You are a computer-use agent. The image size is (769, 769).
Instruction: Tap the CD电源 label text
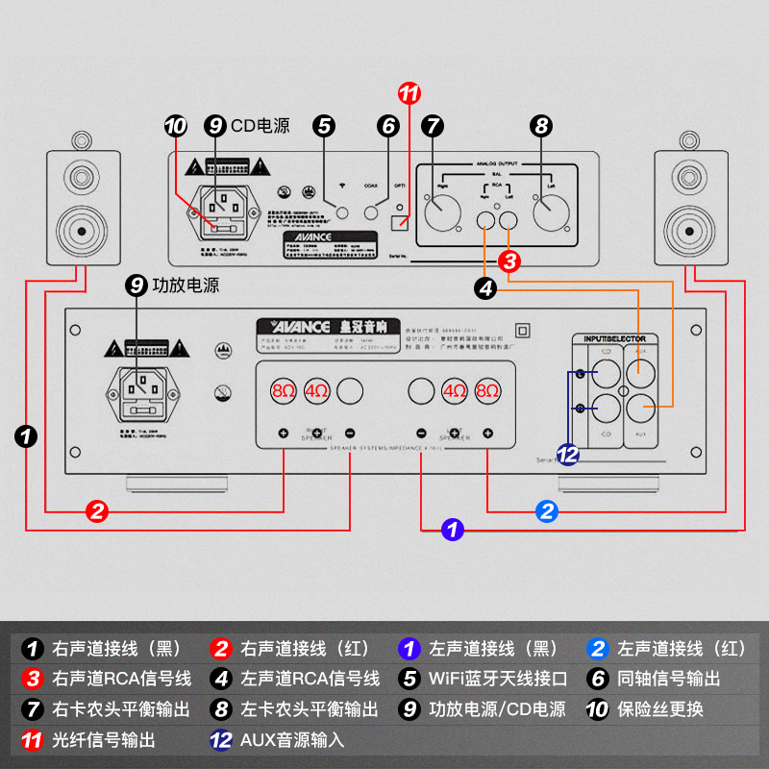tap(260, 125)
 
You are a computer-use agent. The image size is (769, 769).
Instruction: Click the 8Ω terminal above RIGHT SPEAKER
tap(284, 391)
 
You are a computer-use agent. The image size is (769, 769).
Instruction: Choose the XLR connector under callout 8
tap(551, 211)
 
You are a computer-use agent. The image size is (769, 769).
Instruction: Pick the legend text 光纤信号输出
tap(104, 741)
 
